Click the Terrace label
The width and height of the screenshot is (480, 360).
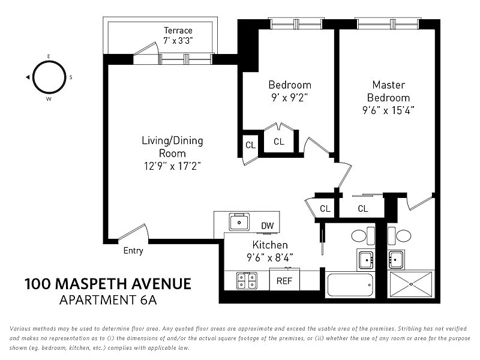178,31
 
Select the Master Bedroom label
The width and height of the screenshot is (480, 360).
388,91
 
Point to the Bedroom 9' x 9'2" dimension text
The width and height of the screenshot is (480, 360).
289,97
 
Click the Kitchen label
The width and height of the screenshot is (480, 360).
269,245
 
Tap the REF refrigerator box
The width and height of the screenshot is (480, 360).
284,280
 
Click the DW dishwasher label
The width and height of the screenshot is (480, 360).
267,226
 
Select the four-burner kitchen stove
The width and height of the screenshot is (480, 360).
247,280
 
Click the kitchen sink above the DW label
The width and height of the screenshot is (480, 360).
239,222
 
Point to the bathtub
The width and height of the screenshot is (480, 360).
351,284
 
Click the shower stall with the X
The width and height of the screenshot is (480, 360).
410,284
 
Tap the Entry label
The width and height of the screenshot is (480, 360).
133,251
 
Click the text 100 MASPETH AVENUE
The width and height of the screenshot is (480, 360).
107,284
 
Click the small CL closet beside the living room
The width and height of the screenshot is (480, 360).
250,145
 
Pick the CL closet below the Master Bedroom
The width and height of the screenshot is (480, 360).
362,209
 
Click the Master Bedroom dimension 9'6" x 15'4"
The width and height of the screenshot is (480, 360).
388,110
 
